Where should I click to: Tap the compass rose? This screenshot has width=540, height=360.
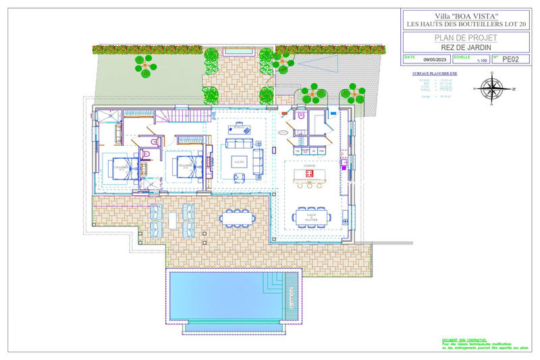(x=495, y=88)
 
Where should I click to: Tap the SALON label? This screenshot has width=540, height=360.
(x=238, y=163)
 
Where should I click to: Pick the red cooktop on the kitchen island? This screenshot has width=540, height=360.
(x=310, y=174)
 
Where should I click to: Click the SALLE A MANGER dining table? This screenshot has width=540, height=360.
(x=310, y=216)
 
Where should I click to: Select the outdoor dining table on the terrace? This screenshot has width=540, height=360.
(x=239, y=216)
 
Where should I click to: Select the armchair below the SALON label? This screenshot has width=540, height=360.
(x=239, y=177)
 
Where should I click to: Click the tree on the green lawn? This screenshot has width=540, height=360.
(x=145, y=64)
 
